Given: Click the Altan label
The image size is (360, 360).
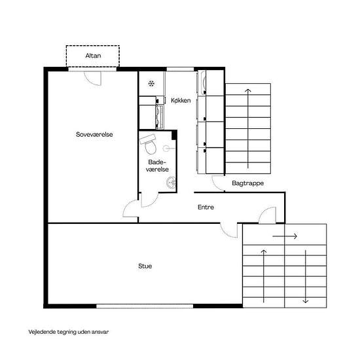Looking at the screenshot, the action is tap(93, 56).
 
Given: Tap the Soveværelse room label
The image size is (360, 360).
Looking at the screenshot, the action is tap(94, 134).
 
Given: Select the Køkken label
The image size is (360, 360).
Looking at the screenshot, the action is tap(181, 100).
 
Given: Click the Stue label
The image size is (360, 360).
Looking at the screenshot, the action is tap(145, 266).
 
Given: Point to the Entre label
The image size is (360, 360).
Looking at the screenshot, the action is tap(206, 207).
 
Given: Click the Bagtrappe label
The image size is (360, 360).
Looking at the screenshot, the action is tap(247, 183).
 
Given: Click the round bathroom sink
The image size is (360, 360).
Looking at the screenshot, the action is tap(171, 183).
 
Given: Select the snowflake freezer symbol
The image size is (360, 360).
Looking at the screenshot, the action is tap(151, 84).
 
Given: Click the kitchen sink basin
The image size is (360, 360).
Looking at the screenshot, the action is tap(202, 82).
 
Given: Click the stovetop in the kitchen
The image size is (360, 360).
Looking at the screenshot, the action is tap(160, 117).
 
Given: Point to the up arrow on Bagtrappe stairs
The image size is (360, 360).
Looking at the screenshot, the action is tap(247, 128).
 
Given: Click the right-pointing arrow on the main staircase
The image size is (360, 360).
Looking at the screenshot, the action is tap(285, 236).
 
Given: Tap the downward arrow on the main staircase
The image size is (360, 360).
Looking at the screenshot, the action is tap(306, 276).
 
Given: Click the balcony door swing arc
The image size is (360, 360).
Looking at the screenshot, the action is tap(92, 79).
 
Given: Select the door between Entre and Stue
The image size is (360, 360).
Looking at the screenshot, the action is tap(228, 230).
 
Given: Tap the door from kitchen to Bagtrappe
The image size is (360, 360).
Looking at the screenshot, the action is tap(218, 183).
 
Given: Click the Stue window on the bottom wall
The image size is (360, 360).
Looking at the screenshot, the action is tap(145, 306).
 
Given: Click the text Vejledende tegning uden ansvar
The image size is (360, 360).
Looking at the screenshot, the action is tap(69, 332).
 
